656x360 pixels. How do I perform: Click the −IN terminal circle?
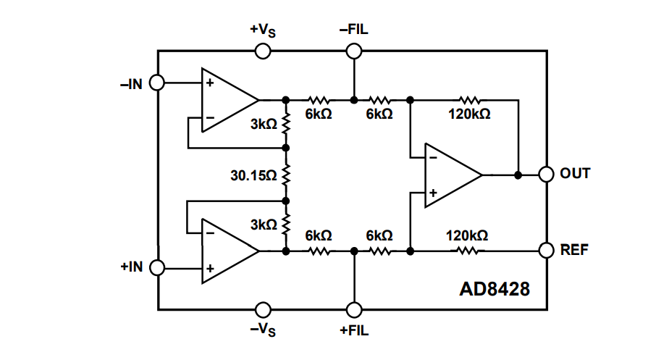[157, 83]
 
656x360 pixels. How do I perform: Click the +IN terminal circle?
[157, 268]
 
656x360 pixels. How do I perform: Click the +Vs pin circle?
[263, 51]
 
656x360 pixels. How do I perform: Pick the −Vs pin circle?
[263, 309]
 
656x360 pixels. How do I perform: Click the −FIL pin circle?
[354, 51]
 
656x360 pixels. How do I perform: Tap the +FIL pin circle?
[354, 309]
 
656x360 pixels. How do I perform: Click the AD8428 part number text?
[495, 290]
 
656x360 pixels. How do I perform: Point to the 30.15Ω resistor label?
[253, 175]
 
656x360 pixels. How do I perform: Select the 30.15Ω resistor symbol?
[286, 175]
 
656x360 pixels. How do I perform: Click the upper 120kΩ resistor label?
[468, 114]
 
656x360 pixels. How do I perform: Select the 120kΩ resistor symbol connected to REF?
[467, 251]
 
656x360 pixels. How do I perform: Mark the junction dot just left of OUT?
[518, 175]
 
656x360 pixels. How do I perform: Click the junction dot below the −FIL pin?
[354, 99]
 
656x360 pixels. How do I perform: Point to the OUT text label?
[575, 175]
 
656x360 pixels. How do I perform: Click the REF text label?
[574, 250]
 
